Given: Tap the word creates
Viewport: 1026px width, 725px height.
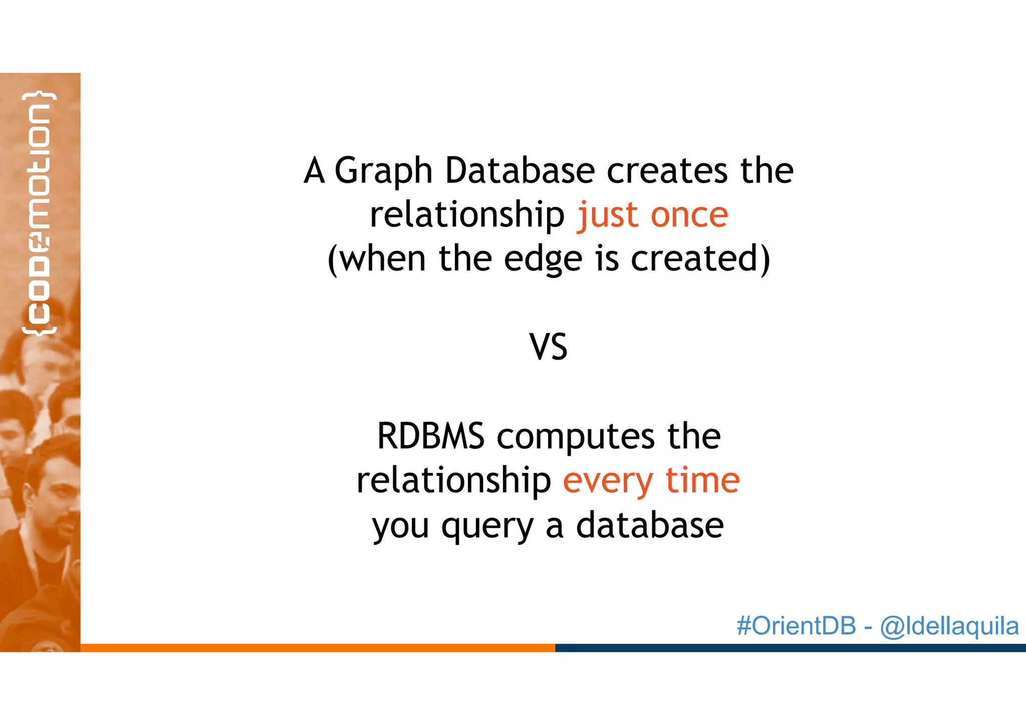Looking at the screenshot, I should (667, 170).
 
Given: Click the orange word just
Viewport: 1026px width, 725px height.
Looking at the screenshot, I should (608, 215).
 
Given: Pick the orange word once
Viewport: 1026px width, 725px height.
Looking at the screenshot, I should (689, 215).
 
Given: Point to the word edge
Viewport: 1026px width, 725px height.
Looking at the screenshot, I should (543, 260).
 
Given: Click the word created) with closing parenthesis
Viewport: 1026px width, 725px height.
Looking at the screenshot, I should (700, 259).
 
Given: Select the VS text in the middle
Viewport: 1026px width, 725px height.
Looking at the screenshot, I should (548, 347).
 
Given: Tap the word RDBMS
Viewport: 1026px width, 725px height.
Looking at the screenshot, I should (430, 435).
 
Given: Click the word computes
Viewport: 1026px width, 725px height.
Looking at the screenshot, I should (576, 436).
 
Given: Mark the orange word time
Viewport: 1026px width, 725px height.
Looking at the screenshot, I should (702, 480).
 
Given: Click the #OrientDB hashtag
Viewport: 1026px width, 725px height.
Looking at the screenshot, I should (796, 626).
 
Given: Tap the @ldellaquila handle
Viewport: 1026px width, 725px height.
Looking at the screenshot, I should (949, 626).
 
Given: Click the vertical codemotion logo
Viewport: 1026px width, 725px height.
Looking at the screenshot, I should (39, 213).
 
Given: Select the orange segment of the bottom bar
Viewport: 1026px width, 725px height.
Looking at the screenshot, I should (318, 648).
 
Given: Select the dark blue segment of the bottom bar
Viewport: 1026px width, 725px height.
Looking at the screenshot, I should (790, 648).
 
